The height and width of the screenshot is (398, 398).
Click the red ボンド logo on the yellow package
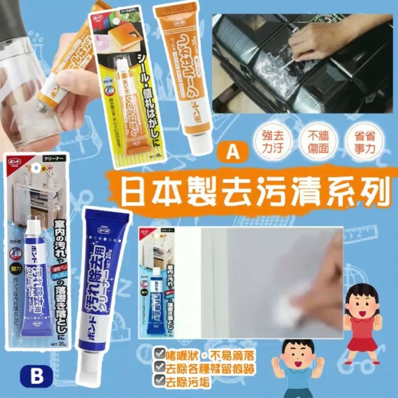point(96,18)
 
